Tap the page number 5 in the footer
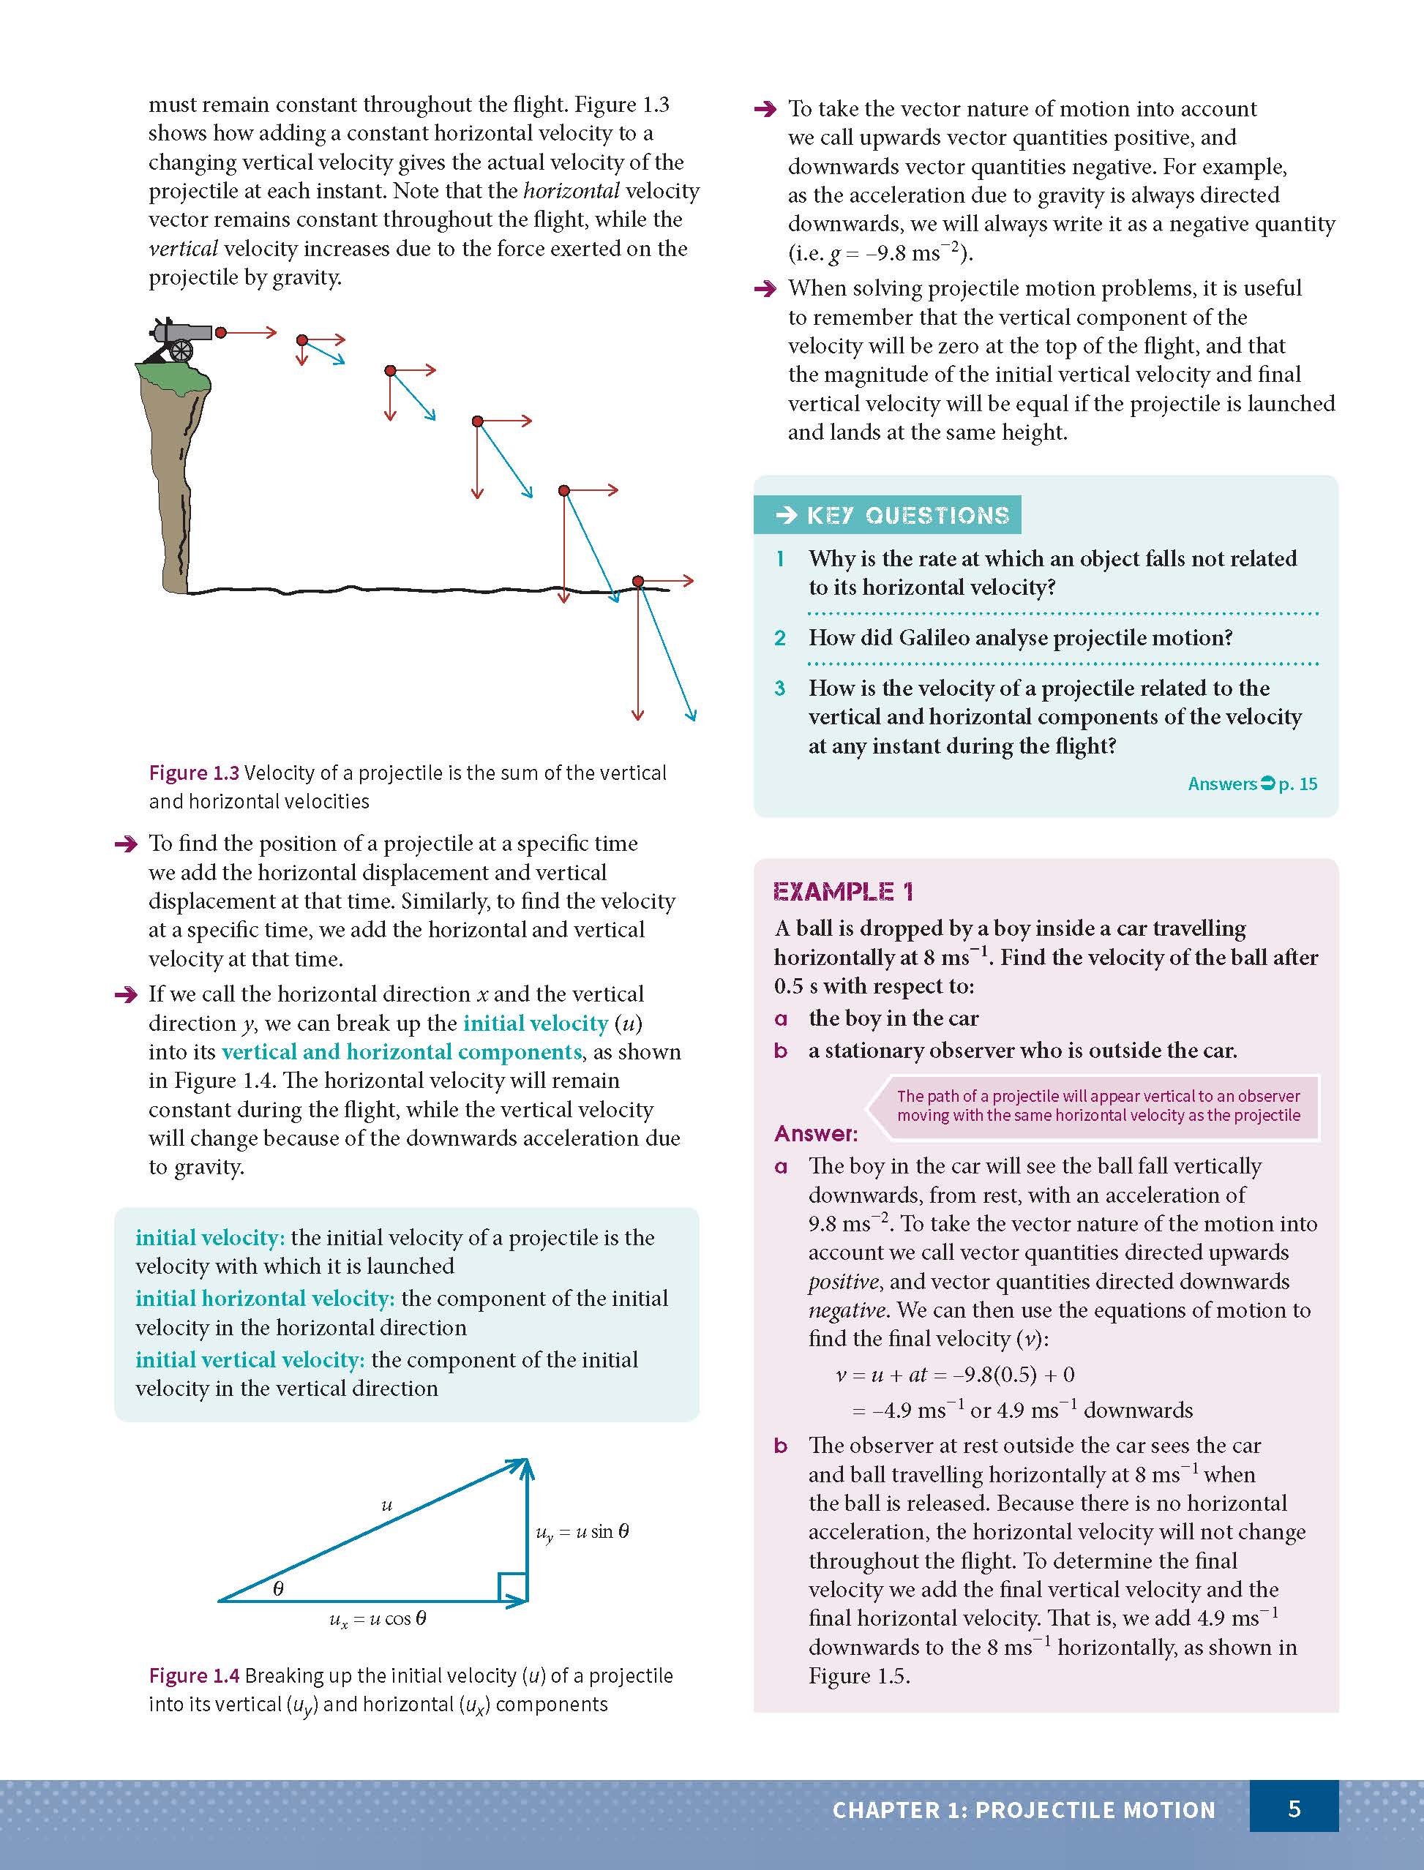click(1294, 1809)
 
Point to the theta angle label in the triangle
click(278, 1588)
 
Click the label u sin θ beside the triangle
click(582, 1532)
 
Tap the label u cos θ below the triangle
click(378, 1619)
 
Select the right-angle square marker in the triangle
click(512, 1587)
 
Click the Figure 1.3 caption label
click(194, 773)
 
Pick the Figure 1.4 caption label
click(194, 1675)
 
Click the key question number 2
click(780, 638)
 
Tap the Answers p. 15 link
click(1252, 784)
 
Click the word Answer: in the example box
click(815, 1134)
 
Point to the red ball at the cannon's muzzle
click(220, 332)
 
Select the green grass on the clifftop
click(173, 376)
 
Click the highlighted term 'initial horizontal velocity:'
click(264, 1298)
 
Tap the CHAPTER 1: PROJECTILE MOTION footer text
click(1023, 1810)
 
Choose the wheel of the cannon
click(180, 350)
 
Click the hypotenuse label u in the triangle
click(386, 1506)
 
